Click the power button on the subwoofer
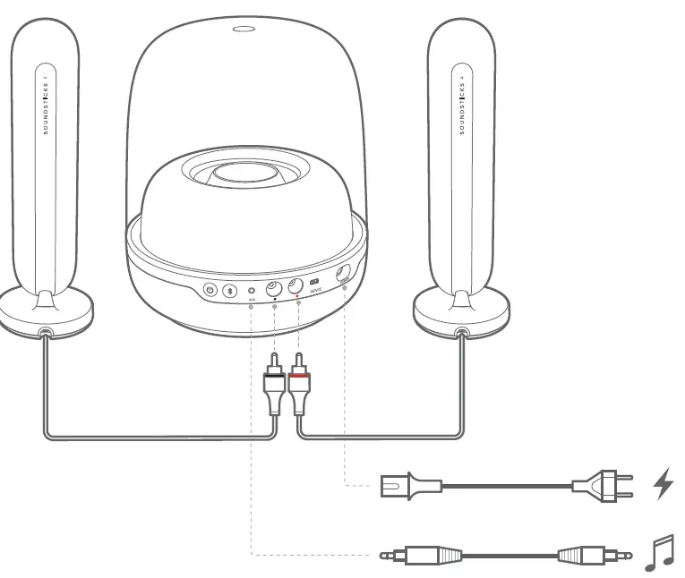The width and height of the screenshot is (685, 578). (x=210, y=289)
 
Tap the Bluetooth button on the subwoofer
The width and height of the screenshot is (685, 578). (x=229, y=290)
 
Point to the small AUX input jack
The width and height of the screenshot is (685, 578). (x=252, y=290)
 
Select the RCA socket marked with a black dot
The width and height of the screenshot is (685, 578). (x=272, y=288)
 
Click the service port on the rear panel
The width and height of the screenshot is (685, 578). (x=314, y=284)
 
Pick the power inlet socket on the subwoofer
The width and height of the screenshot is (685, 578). (x=343, y=276)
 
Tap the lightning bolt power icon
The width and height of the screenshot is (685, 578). (x=663, y=484)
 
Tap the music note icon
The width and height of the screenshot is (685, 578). (x=660, y=554)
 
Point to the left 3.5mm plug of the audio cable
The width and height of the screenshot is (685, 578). (x=421, y=555)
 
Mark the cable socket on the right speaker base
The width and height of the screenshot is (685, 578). (x=462, y=333)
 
